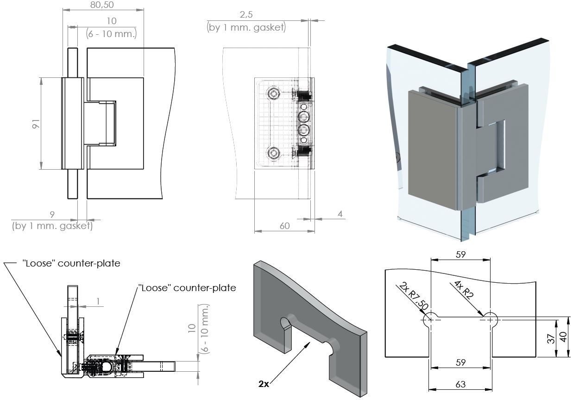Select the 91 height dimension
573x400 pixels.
[x=37, y=124]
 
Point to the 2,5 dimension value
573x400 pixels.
[x=246, y=16]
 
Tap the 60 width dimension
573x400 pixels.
[x=284, y=226]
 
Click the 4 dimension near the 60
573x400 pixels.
[x=340, y=214]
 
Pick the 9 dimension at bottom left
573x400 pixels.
[x=52, y=214]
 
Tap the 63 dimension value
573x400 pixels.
[x=460, y=384]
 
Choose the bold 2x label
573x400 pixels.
[x=264, y=384]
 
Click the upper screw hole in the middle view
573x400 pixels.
[x=274, y=94]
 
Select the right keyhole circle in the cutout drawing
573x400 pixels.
[x=490, y=319]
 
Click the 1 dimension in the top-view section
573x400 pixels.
[x=98, y=301]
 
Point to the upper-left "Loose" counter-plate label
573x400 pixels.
[x=71, y=263]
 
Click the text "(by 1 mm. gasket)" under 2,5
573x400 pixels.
[x=246, y=27]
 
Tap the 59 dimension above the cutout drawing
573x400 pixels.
[x=460, y=254]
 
